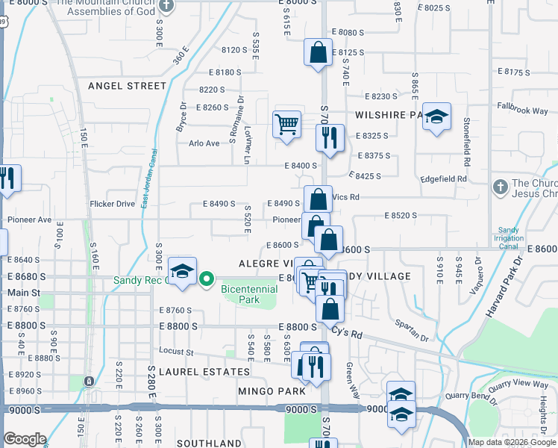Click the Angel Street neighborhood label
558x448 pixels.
[x=127, y=86]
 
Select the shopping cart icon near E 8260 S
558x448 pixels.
[x=286, y=124]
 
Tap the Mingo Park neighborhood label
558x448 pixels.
[x=272, y=391]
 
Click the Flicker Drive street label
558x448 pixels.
[x=112, y=203]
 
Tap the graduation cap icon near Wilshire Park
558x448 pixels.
[x=436, y=116]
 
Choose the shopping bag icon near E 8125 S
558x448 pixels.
[x=318, y=52]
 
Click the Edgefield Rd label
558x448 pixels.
[x=443, y=179]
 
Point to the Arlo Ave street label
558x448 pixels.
[x=204, y=143]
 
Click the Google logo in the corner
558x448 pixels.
[x=25, y=439]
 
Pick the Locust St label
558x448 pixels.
[x=176, y=351]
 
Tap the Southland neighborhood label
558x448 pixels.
[x=209, y=443]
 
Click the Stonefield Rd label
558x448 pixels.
[x=466, y=141]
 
